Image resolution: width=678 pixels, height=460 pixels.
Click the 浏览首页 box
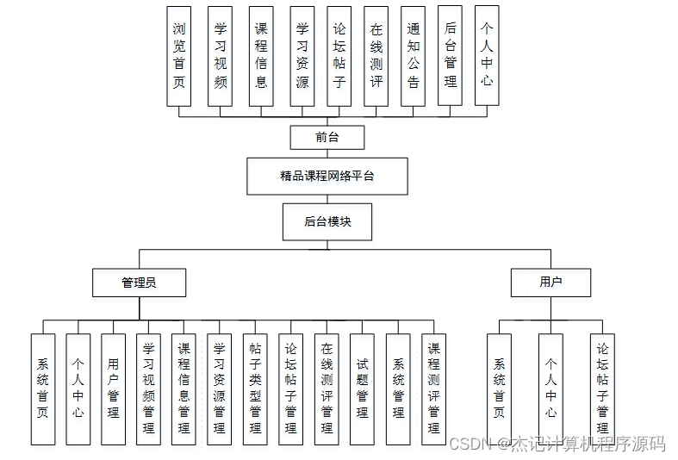tap(178, 56)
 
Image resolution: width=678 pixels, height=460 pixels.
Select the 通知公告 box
tap(413, 56)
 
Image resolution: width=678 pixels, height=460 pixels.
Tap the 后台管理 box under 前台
tap(450, 56)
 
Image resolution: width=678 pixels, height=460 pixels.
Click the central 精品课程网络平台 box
tap(327, 176)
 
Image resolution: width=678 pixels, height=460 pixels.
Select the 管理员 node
tap(139, 283)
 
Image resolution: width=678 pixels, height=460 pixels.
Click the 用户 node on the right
tap(550, 283)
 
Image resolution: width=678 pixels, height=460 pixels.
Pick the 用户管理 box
tap(113, 389)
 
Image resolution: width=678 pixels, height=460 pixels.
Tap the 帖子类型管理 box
tap(255, 389)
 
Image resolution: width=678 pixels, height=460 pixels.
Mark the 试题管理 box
tap(362, 389)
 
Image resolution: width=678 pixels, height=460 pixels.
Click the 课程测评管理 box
tap(433, 389)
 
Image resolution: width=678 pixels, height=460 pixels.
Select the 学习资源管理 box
tap(219, 389)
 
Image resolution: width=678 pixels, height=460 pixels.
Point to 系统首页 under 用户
tap(499, 389)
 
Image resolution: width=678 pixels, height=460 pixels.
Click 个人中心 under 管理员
tap(78, 389)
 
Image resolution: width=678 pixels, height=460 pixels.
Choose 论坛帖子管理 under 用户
tap(602, 389)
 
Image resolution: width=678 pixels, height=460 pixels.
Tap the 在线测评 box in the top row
tap(376, 56)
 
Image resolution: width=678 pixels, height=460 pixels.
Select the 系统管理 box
tap(397, 389)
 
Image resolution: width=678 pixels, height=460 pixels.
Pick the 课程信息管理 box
tap(183, 389)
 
